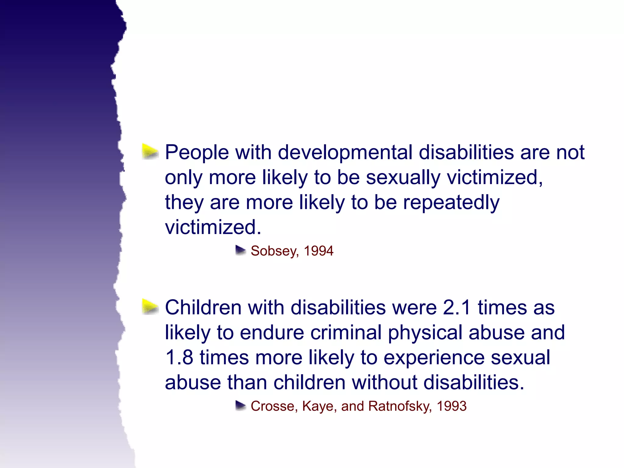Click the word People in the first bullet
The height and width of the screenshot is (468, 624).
coord(197,152)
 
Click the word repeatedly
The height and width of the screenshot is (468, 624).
coord(451,203)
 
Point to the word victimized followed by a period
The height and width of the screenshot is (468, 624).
coord(213,227)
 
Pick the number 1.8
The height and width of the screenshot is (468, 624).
coord(179,357)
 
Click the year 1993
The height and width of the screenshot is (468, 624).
coord(452,406)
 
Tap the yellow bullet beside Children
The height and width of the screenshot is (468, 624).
coord(150,307)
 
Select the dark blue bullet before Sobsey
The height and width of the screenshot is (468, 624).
coord(240,250)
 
